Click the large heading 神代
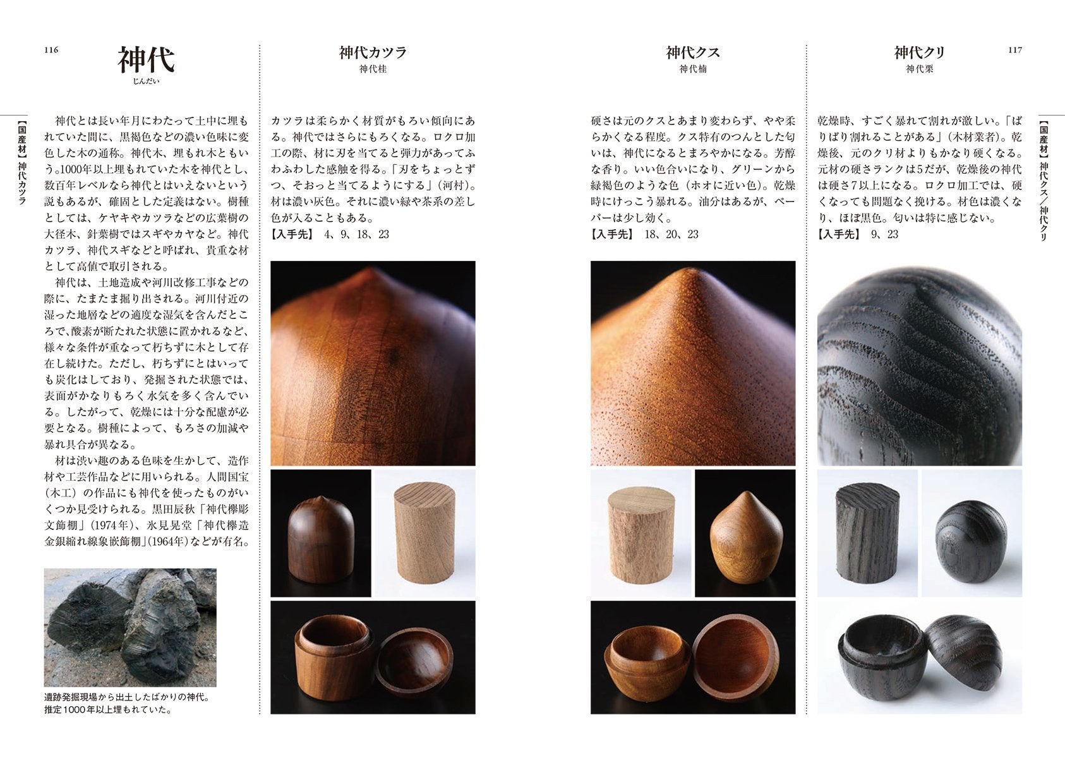click(x=146, y=59)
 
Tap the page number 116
click(x=51, y=50)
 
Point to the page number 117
click(x=1015, y=50)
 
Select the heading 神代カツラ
click(x=373, y=52)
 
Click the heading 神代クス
click(x=693, y=52)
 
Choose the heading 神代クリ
click(x=920, y=52)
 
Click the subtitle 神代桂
click(x=373, y=69)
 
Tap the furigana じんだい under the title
click(x=146, y=81)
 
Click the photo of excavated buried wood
click(x=130, y=627)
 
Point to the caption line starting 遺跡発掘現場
click(x=127, y=697)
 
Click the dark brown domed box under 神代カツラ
click(x=322, y=539)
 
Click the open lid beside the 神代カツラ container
click(x=414, y=661)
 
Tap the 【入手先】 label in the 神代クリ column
click(x=838, y=234)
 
